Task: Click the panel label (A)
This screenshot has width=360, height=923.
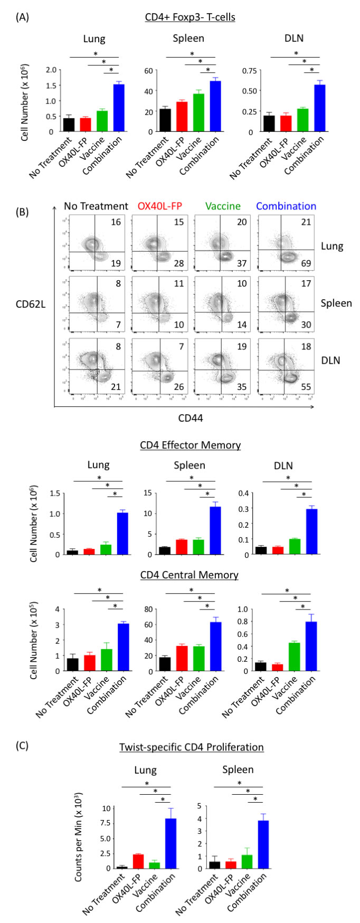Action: point(22,17)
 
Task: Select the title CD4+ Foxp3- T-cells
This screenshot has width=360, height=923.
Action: point(190,17)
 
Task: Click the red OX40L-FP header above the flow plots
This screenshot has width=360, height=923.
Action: point(159,206)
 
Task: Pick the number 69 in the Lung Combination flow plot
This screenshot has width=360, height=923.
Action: point(306,263)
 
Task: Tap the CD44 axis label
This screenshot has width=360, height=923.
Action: point(191,418)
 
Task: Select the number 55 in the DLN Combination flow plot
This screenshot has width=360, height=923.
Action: point(306,386)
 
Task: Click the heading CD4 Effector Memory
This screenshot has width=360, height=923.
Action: point(190,445)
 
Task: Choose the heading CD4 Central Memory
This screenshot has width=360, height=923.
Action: point(189,575)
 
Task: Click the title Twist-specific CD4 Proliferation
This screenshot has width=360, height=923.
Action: point(191,747)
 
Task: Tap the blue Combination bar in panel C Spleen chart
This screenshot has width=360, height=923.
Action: point(263,844)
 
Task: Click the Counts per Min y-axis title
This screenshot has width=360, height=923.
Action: point(78,836)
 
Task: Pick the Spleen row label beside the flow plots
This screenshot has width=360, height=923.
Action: point(336,303)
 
